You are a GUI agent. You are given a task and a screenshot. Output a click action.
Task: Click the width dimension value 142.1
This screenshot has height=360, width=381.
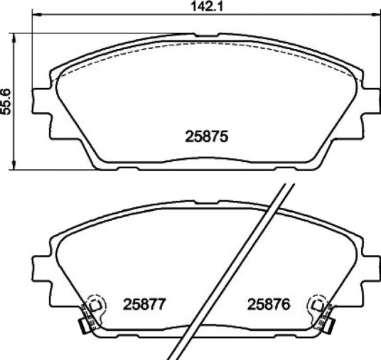point(206,6)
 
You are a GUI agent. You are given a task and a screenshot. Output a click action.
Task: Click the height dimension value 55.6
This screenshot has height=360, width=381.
point(6,102)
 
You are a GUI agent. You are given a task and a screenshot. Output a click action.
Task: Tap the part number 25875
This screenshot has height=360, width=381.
point(207,136)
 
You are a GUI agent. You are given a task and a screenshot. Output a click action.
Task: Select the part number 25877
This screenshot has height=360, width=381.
point(144,305)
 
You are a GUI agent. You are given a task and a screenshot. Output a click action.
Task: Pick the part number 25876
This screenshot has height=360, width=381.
point(269,305)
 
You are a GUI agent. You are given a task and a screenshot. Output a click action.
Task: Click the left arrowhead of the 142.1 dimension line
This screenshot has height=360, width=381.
point(37,15)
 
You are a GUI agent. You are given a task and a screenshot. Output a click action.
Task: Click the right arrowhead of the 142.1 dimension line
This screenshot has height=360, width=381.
point(375,15)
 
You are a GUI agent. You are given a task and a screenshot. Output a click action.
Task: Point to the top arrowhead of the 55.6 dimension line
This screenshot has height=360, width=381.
point(14,38)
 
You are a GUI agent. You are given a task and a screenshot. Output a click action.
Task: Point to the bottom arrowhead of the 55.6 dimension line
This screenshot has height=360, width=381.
point(14,165)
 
